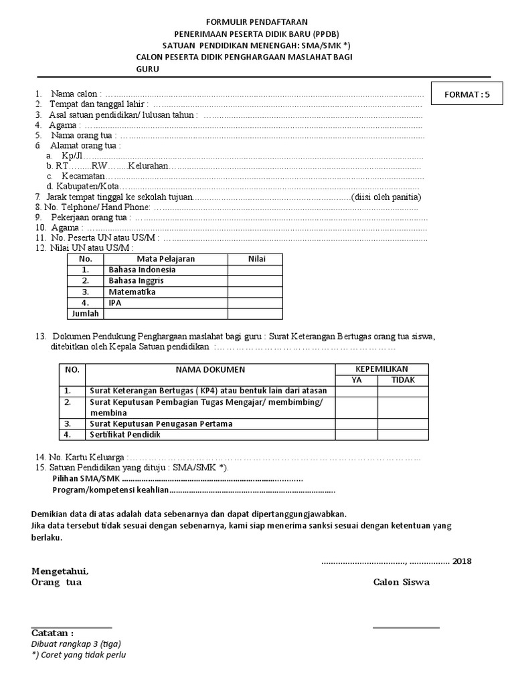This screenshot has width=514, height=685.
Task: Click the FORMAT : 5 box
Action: [x=468, y=95]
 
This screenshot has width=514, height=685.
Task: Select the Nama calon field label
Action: [x=77, y=94]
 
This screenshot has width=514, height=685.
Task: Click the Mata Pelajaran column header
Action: [x=165, y=258]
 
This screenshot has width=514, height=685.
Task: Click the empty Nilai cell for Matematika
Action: [x=255, y=292]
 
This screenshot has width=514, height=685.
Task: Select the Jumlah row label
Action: [x=85, y=314]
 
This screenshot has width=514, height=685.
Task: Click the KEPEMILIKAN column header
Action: [x=381, y=369]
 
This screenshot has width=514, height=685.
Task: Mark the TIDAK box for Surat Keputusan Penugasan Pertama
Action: [x=403, y=424]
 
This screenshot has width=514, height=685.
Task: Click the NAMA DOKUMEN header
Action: [x=210, y=370]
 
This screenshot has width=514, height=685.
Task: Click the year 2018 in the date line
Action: [x=462, y=561]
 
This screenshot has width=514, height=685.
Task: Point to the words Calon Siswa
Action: [x=402, y=582]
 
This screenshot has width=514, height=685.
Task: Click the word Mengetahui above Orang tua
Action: [x=60, y=571]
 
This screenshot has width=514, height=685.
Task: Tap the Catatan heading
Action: [x=53, y=633]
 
